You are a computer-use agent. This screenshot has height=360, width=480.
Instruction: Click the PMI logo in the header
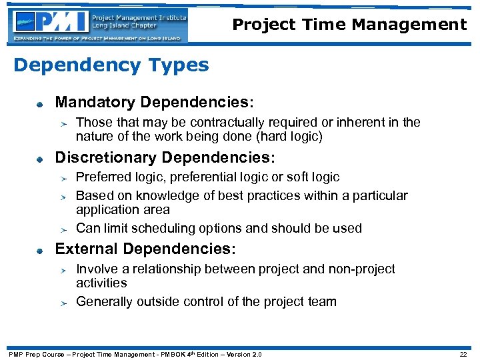[x=100, y=25]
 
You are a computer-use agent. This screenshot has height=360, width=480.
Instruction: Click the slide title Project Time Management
[x=349, y=25]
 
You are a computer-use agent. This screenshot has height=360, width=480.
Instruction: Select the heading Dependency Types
[x=111, y=65]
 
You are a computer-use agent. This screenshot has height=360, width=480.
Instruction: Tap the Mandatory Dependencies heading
[x=154, y=103]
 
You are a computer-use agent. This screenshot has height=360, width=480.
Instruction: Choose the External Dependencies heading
[x=145, y=249]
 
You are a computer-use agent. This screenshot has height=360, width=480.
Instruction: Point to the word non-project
[x=364, y=269]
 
